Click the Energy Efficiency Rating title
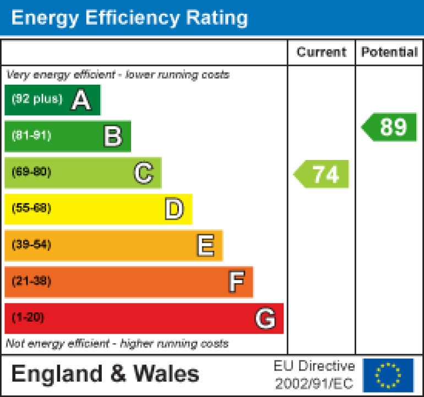click(x=129, y=18)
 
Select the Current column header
click(x=322, y=52)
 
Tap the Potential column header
click(x=389, y=52)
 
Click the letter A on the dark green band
click(x=80, y=100)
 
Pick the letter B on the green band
click(x=113, y=136)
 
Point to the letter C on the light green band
click(x=143, y=173)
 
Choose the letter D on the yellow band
click(x=174, y=209)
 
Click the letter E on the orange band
click(x=205, y=246)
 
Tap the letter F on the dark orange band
click(x=236, y=282)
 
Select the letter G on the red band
click(x=265, y=318)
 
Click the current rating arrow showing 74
click(x=322, y=174)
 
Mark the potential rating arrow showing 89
click(x=390, y=127)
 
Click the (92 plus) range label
click(x=37, y=100)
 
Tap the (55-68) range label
click(x=31, y=208)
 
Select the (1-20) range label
click(x=28, y=318)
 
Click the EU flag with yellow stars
click(x=388, y=375)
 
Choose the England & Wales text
click(x=105, y=374)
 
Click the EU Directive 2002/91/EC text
click(x=314, y=375)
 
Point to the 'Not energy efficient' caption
click(x=117, y=344)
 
